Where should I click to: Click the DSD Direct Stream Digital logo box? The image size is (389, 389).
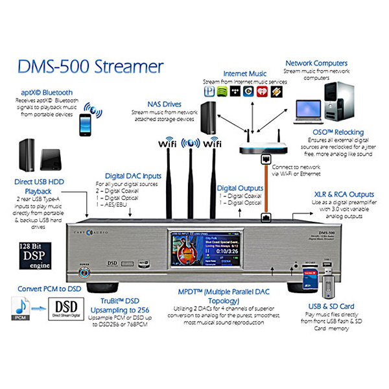70,308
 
